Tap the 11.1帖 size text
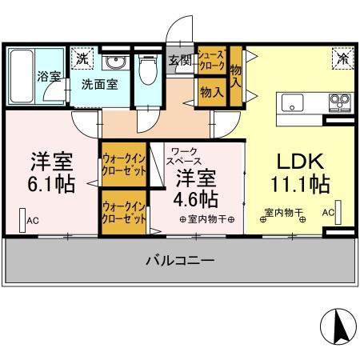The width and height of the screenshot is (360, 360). tap(300, 185)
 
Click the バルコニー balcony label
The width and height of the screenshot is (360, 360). tap(179, 261)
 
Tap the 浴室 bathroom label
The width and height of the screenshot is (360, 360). tap(49, 77)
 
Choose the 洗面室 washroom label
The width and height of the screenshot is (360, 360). tap(101, 83)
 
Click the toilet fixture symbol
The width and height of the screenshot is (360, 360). tap(146, 70)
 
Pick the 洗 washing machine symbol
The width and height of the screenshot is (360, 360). tap(82, 58)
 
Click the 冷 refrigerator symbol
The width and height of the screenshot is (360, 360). tap(342, 58)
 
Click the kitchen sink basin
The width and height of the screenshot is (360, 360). tap(290, 102)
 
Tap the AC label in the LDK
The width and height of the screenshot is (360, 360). tap(328, 213)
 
